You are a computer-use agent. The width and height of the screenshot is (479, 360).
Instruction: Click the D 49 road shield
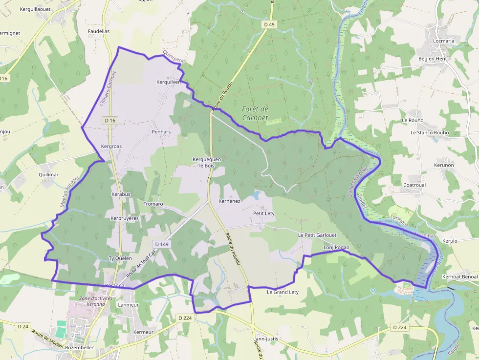click(x=269, y=24)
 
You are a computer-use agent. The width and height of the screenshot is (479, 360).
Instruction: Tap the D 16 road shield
click(x=110, y=120)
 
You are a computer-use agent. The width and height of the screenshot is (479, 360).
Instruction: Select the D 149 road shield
click(x=161, y=244)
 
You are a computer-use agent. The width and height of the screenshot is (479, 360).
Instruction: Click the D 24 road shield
click(x=22, y=326)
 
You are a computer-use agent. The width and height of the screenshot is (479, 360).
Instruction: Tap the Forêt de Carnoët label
click(x=255, y=113)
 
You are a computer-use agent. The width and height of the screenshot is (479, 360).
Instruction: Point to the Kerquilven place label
click(x=168, y=82)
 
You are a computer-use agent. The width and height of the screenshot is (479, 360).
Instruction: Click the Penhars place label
click(x=161, y=132)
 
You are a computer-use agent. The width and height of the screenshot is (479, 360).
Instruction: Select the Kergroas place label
click(x=111, y=146)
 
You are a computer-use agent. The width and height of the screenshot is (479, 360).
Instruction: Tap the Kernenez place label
click(x=229, y=201)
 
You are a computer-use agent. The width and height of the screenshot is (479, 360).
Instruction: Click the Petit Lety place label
click(x=263, y=213)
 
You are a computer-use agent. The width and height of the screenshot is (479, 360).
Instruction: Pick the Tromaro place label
click(x=153, y=204)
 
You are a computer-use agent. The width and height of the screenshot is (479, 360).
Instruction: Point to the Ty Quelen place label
click(x=120, y=258)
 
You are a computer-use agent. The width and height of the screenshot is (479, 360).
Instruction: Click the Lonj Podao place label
click(x=337, y=248)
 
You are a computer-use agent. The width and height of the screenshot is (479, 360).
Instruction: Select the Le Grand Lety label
click(x=283, y=292)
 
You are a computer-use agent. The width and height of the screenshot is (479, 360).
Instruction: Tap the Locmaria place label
click(x=443, y=41)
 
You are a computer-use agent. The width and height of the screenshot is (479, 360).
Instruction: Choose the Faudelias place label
click(x=99, y=31)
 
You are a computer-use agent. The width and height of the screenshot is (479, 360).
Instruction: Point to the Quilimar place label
click(x=48, y=174)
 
